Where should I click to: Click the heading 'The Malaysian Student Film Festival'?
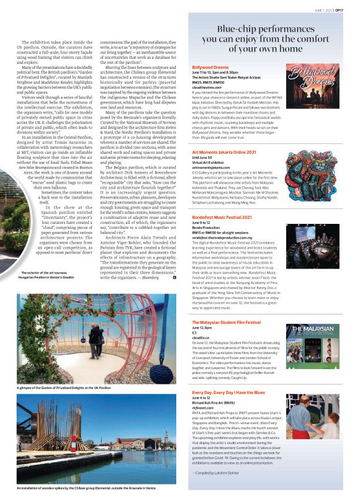pos(227,323)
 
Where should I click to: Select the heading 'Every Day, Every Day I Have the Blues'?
pos(233,393)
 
